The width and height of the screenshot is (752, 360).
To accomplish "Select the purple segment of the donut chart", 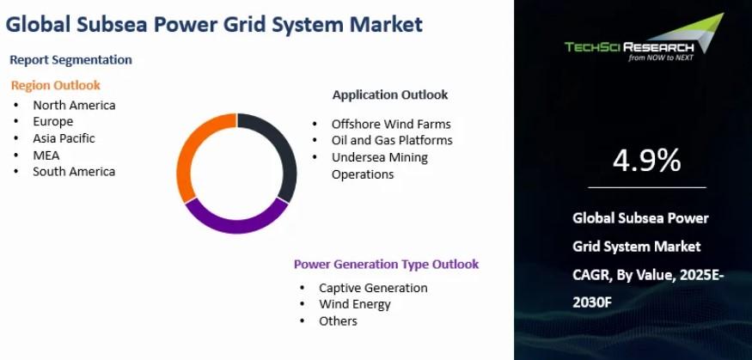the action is pyautogui.click(x=236, y=225).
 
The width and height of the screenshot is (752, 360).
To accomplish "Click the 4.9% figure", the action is pyautogui.click(x=646, y=160).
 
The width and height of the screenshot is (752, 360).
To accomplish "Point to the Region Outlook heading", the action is pyautogui.click(x=56, y=85).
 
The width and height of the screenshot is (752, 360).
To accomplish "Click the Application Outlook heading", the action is pyautogui.click(x=390, y=95).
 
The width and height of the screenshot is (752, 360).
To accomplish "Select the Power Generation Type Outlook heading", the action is pyautogui.click(x=386, y=264).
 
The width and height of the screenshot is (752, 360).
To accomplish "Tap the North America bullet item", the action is pyautogui.click(x=74, y=105).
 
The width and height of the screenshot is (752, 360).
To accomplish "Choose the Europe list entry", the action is pyautogui.click(x=52, y=122).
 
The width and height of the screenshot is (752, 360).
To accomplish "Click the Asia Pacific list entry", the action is pyautogui.click(x=64, y=138).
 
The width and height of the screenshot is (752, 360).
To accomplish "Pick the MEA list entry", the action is pyautogui.click(x=46, y=156).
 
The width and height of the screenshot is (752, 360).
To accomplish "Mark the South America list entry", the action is pyautogui.click(x=74, y=172).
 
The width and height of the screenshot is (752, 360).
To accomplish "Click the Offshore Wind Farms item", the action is pyautogui.click(x=391, y=125).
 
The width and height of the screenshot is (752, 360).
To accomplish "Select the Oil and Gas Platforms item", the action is pyautogui.click(x=392, y=140).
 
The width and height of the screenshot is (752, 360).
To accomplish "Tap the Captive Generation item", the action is pyautogui.click(x=373, y=288).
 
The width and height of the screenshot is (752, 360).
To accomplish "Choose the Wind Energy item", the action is pyautogui.click(x=355, y=304).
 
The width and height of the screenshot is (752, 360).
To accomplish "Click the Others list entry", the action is pyautogui.click(x=338, y=320).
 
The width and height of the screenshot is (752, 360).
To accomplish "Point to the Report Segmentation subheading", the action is pyautogui.click(x=71, y=60).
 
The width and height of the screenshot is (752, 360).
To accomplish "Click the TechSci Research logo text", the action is pyautogui.click(x=629, y=47).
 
